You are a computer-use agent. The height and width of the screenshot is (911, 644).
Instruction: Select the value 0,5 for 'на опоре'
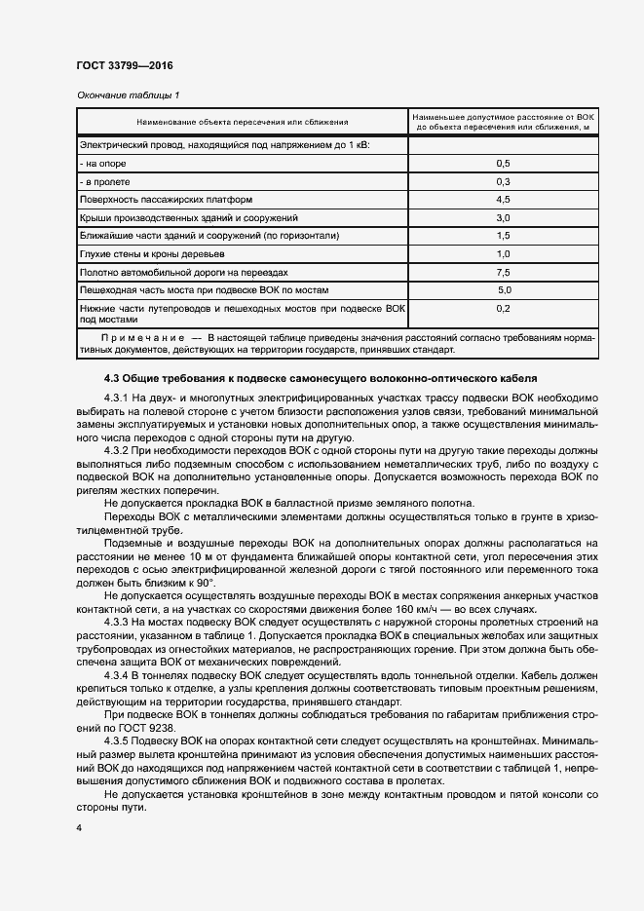[503, 163]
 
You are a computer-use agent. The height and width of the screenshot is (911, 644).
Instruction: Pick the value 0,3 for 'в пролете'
[503, 181]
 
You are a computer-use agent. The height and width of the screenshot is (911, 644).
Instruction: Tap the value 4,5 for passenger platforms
[503, 200]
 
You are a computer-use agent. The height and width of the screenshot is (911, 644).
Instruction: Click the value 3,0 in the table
[503, 217]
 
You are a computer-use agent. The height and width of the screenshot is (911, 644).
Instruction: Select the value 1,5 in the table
[503, 236]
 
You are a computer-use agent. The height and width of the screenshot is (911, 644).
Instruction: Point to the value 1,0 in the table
[503, 253]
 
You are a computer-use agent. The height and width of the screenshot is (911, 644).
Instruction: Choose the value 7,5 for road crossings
[503, 272]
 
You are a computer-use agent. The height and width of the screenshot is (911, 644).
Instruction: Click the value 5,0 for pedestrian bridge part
[504, 290]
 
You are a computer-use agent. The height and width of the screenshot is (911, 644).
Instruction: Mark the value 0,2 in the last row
[503, 308]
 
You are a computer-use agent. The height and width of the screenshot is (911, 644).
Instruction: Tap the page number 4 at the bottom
[79, 827]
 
